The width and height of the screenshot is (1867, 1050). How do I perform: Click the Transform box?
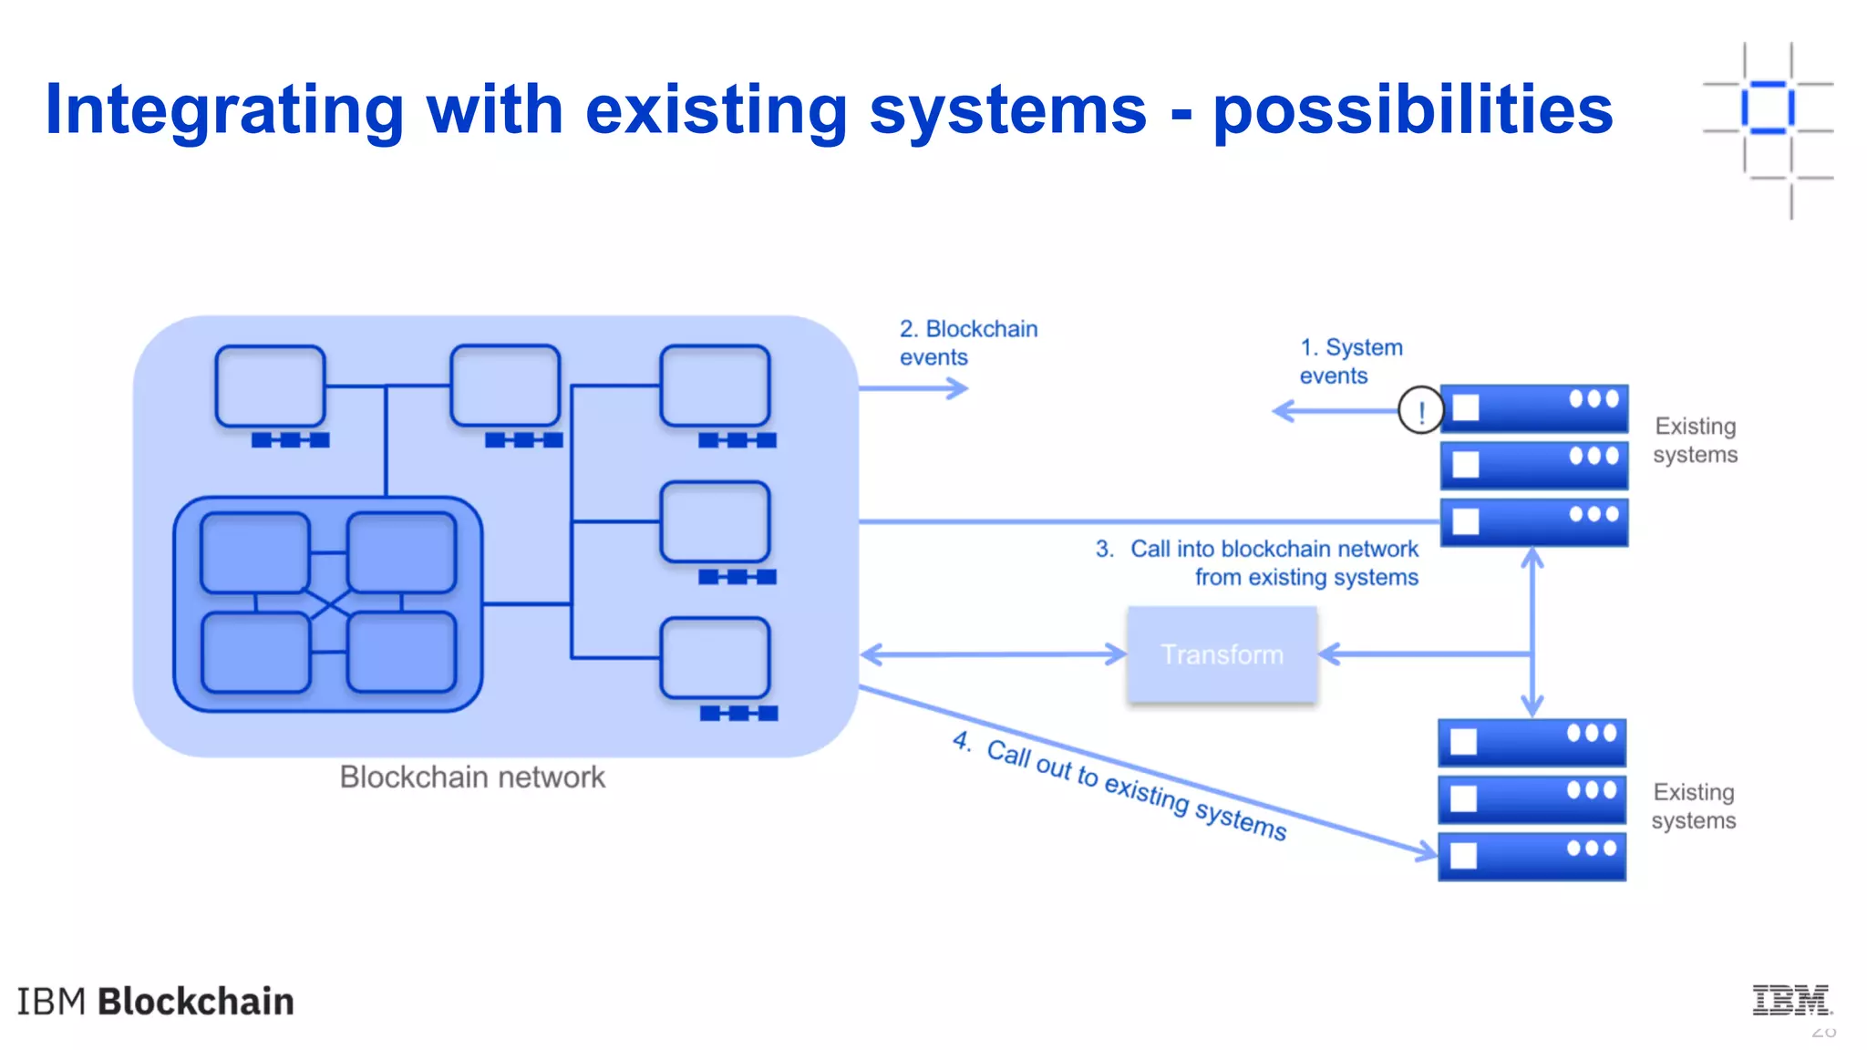[1222, 654]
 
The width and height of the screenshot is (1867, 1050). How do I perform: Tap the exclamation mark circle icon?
[1420, 411]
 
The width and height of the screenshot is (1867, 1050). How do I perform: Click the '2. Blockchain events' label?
[967, 343]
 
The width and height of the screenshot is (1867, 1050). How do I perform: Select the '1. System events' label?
[1350, 361]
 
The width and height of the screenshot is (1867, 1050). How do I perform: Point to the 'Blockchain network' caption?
[471, 777]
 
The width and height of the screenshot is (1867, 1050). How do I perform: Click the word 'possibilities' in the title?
[1412, 110]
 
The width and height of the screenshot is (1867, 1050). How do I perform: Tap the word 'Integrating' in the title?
[224, 110]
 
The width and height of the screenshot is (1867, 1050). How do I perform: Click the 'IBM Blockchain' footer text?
[156, 1001]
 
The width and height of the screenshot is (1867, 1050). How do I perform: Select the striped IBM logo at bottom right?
[1790, 1000]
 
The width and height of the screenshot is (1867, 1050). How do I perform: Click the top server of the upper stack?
[1534, 407]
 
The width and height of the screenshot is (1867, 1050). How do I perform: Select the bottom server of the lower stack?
[1532, 856]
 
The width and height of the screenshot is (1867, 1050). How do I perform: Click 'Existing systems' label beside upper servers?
[1696, 440]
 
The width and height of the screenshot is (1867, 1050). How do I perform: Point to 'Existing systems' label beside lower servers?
[1694, 806]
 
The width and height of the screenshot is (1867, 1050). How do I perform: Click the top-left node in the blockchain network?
[271, 386]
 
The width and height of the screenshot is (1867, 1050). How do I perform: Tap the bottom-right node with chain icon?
[715, 658]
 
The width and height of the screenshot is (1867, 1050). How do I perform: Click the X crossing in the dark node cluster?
[329, 602]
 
